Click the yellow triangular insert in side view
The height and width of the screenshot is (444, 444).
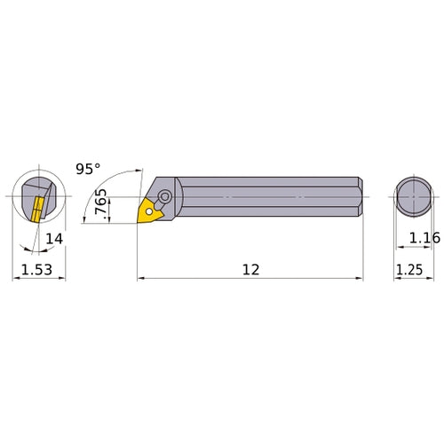coord(148,211)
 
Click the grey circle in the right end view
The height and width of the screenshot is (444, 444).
coord(414,196)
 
